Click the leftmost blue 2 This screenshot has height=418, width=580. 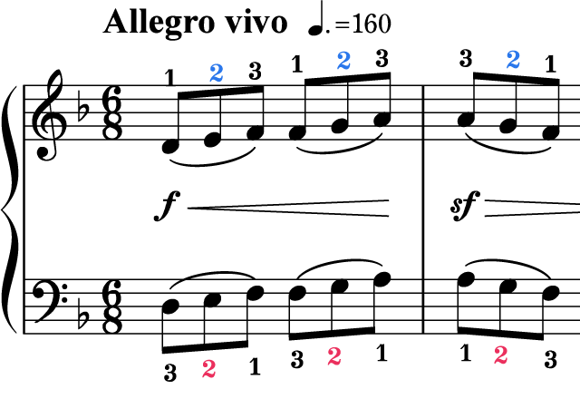pyautogui.click(x=216, y=73)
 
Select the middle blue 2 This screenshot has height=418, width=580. pyautogui.click(x=343, y=60)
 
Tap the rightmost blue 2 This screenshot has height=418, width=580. pyautogui.click(x=513, y=59)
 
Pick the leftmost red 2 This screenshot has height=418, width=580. pyautogui.click(x=208, y=368)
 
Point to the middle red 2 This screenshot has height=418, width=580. pyautogui.click(x=334, y=355)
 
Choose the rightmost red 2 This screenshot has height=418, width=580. pyautogui.click(x=500, y=355)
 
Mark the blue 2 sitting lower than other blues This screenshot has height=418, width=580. pyautogui.click(x=216, y=73)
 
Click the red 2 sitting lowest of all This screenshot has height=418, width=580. pyautogui.click(x=208, y=368)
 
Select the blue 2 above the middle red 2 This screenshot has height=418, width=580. pyautogui.click(x=343, y=60)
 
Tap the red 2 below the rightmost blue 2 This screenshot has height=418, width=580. pyautogui.click(x=500, y=355)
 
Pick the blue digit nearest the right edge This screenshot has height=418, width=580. pyautogui.click(x=513, y=59)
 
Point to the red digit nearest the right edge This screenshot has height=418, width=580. pyautogui.click(x=500, y=355)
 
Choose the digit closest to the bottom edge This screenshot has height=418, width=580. pyautogui.click(x=208, y=368)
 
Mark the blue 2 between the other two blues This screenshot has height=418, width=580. pyautogui.click(x=343, y=60)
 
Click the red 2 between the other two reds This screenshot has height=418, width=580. pyautogui.click(x=334, y=355)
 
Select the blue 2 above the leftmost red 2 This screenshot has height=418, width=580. pyautogui.click(x=216, y=73)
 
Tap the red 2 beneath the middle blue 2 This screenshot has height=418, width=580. pyautogui.click(x=334, y=355)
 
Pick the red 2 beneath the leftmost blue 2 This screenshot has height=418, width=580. pyautogui.click(x=208, y=368)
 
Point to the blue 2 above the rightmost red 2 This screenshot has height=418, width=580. pyautogui.click(x=513, y=59)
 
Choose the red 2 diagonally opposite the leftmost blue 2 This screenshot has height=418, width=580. pyautogui.click(x=500, y=355)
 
